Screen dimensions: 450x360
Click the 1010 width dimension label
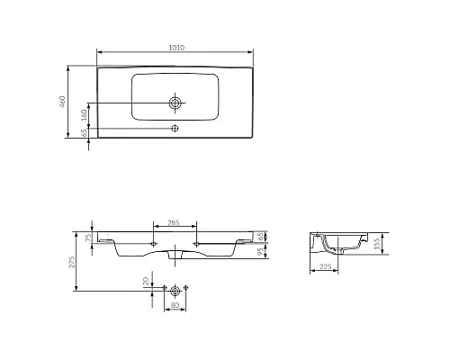click(x=176, y=48)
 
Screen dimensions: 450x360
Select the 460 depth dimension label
click(x=62, y=102)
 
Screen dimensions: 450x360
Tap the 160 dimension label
click(x=85, y=115)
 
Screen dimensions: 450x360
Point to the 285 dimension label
click(x=174, y=222)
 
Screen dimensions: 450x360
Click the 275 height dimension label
click(x=72, y=262)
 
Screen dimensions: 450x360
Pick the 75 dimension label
click(x=88, y=238)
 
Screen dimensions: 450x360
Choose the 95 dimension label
click(x=261, y=251)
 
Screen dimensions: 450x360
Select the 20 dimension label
click(x=146, y=281)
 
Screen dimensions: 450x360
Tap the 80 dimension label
click(x=175, y=305)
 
